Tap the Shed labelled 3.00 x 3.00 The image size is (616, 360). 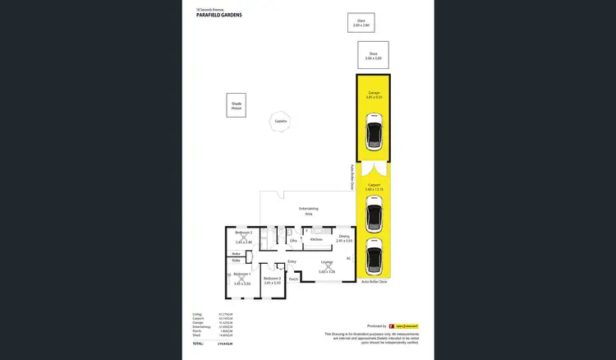[x=373, y=56]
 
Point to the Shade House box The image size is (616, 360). [x=237, y=104]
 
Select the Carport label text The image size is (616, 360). [x=374, y=187]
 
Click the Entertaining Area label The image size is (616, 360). [x=308, y=210]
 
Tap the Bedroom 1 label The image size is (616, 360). [x=241, y=274]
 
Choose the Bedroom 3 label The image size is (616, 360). [x=272, y=279]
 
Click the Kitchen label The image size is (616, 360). [x=316, y=239]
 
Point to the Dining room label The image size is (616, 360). [x=343, y=238]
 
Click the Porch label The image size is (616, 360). [x=293, y=279]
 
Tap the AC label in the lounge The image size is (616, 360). [x=348, y=258]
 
